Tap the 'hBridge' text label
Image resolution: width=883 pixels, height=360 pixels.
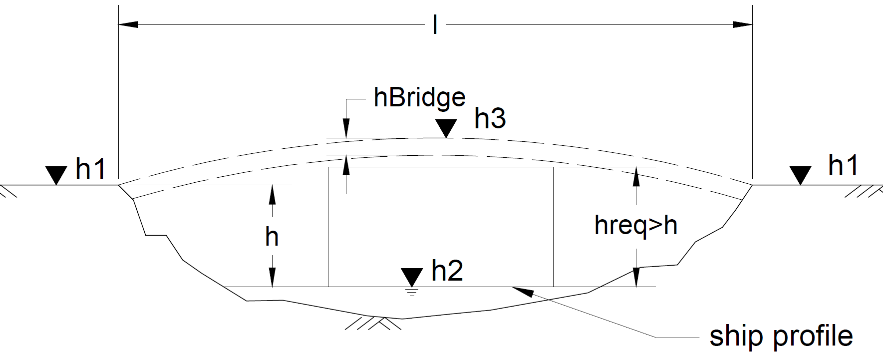pyautogui.click(x=420, y=97)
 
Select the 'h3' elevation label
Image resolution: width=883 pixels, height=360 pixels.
pyautogui.click(x=490, y=118)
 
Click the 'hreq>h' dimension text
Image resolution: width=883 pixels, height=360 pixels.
pyautogui.click(x=636, y=226)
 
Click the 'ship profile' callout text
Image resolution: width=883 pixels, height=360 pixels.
pyautogui.click(x=781, y=337)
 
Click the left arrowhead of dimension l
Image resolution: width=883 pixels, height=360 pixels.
pyautogui.click(x=128, y=24)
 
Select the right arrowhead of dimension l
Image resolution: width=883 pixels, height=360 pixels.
pyautogui.click(x=743, y=24)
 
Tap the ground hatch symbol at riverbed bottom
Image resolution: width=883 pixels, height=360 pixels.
pyautogui.click(x=373, y=324)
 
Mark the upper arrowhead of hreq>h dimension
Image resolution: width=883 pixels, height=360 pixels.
pyautogui.click(x=636, y=176)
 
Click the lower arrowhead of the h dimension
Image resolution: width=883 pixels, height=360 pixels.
pyautogui.click(x=272, y=278)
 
